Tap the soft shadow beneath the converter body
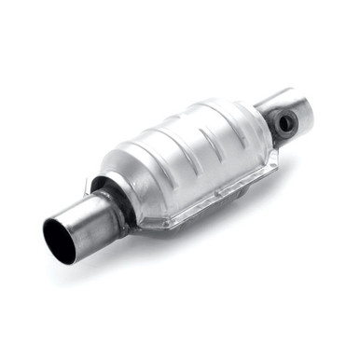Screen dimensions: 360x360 coord(215,219)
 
